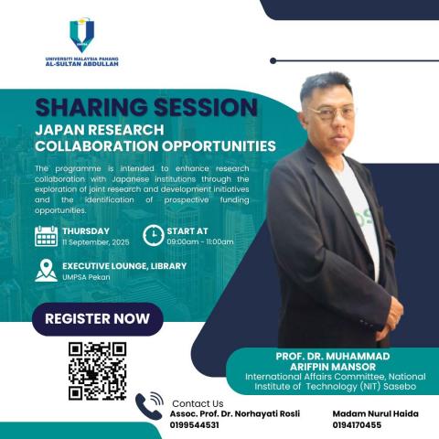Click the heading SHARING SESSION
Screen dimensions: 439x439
click(146, 107)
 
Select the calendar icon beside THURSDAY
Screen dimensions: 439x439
click(47, 236)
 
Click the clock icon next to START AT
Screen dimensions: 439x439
click(155, 235)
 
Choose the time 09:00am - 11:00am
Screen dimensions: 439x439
click(199, 242)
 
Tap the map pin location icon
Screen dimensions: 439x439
click(46, 271)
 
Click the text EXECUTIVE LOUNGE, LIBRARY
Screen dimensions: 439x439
click(124, 266)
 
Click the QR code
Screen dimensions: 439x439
click(97, 371)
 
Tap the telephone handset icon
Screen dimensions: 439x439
click(148, 407)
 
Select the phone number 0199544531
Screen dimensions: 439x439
click(195, 425)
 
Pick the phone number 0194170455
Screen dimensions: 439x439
click(357, 425)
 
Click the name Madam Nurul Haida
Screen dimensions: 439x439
click(370, 414)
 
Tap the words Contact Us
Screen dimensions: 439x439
click(197, 403)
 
